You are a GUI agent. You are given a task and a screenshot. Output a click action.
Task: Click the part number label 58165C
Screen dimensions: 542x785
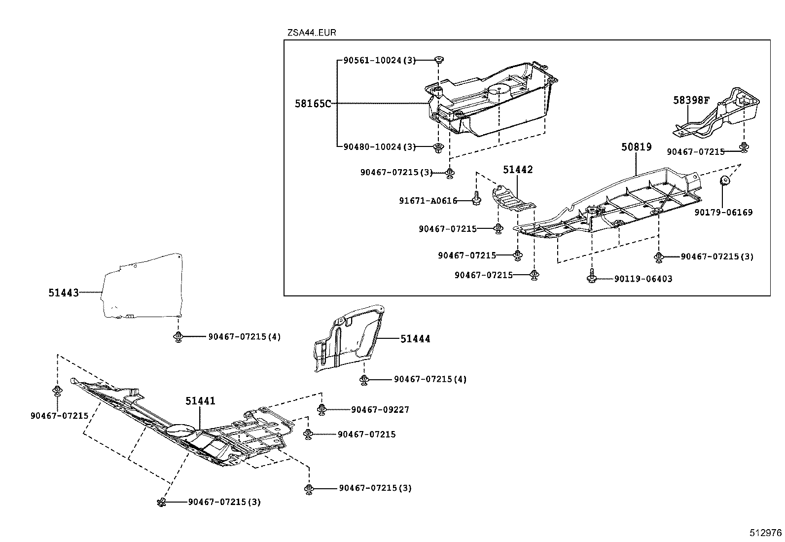313,104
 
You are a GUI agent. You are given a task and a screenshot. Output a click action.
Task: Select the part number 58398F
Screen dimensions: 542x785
691,101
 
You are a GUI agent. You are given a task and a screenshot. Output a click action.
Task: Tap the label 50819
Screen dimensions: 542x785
636,147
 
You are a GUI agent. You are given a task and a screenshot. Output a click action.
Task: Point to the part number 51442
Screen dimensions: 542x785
518,170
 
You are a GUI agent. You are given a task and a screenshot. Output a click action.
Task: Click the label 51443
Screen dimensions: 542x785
64,292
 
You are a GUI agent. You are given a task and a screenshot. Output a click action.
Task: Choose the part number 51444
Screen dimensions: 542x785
415,339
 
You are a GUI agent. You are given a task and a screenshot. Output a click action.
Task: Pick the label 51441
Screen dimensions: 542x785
200,401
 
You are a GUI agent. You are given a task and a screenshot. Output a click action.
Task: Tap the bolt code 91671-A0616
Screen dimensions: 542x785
428,201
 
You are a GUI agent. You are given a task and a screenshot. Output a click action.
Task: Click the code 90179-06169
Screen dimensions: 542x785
724,213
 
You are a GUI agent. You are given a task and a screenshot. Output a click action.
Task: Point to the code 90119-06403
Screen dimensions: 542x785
643,279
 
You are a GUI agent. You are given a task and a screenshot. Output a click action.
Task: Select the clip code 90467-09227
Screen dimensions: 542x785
380,410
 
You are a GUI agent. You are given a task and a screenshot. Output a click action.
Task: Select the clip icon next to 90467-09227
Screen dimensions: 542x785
321,409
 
